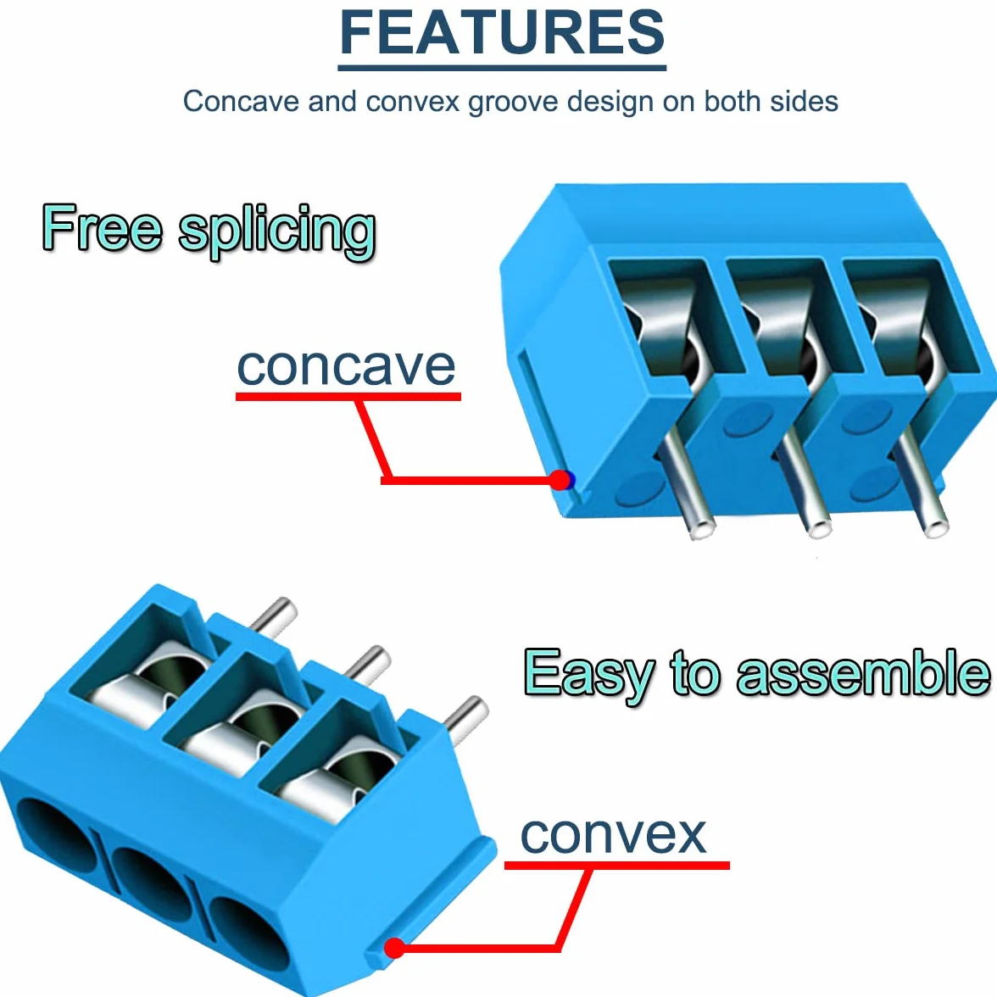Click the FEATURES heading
pos(502,32)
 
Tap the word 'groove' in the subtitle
pos(513,103)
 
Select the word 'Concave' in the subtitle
pos(241,101)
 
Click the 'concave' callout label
pos(347,367)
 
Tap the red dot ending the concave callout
pos(560,480)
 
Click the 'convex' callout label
pos(614,835)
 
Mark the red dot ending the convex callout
pos(395,948)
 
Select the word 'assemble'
pos(863,673)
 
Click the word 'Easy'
pos(588,675)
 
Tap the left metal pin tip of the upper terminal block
pos(701,528)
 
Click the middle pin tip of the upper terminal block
pos(817,528)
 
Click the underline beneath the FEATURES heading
pos(502,67)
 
